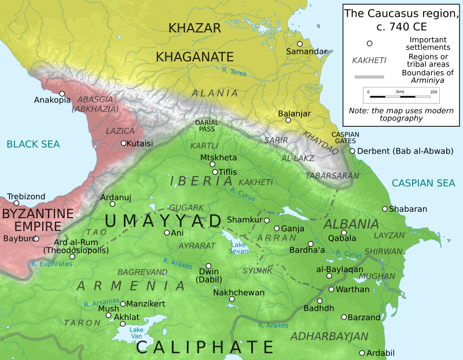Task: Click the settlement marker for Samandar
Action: [300, 44]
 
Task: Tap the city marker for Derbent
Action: [352, 151]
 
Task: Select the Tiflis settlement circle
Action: [215, 172]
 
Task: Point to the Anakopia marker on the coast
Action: [62, 93]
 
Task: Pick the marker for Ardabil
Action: [362, 352]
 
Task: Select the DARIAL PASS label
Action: [207, 126]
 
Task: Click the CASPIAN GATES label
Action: [345, 138]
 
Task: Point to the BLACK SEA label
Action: [34, 144]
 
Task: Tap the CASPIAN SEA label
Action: [423, 183]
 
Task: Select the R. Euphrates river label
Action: [52, 264]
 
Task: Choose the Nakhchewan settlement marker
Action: [231, 299]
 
